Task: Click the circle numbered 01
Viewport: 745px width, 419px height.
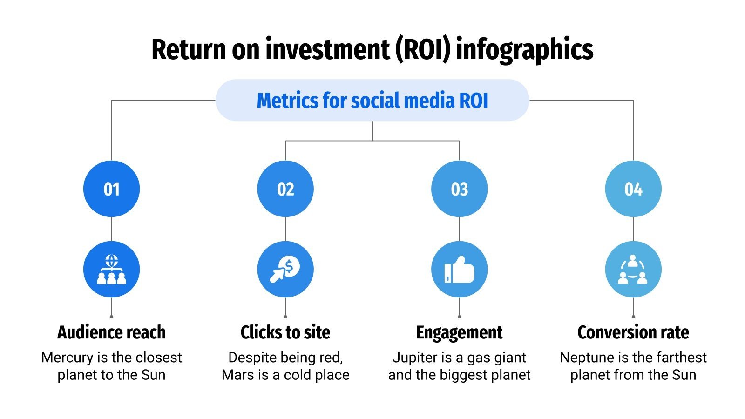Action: click(x=111, y=189)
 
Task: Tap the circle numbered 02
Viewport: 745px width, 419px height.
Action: click(x=285, y=189)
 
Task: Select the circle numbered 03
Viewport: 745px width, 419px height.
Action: click(x=459, y=189)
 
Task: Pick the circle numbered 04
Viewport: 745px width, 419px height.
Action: click(x=633, y=189)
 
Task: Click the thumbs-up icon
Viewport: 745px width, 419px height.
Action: click(x=459, y=270)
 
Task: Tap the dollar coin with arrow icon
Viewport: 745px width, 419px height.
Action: click(x=285, y=270)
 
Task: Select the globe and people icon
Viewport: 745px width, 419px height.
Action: click(x=111, y=270)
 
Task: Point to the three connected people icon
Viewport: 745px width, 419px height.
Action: click(x=633, y=270)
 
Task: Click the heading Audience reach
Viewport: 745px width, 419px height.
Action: click(x=111, y=332)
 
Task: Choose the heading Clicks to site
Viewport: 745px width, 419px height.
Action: click(x=285, y=332)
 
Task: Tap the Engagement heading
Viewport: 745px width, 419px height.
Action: click(x=459, y=332)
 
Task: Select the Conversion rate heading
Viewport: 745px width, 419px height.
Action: click(x=633, y=332)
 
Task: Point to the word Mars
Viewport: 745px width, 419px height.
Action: click(x=238, y=375)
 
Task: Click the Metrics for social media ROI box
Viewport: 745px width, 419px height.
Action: click(x=372, y=101)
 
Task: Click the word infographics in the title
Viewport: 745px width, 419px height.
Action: click(x=525, y=49)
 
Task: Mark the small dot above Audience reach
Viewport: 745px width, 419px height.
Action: click(x=111, y=317)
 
